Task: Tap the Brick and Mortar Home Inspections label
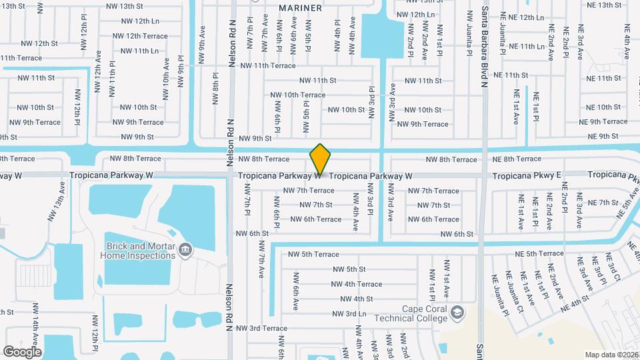(x=138, y=250)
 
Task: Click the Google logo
(x=22, y=351)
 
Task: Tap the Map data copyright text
(x=611, y=355)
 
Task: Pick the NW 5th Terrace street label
(x=313, y=254)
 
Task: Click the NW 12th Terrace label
(x=140, y=36)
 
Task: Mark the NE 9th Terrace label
(x=603, y=121)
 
